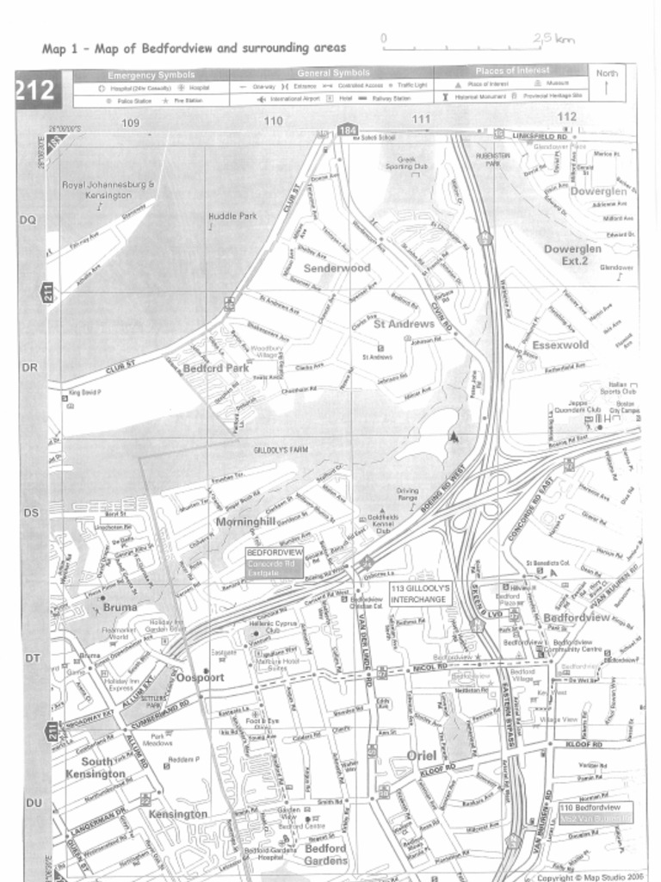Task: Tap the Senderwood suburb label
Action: (337, 268)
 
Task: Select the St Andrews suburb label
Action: (404, 324)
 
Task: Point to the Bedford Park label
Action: (216, 368)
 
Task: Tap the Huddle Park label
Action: (232, 215)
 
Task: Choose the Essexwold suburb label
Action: (560, 345)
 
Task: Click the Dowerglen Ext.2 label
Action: (572, 254)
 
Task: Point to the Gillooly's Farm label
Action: (281, 450)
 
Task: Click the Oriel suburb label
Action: (422, 755)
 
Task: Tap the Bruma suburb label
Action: (120, 606)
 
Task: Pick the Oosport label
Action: (200, 677)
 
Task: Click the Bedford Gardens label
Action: (325, 854)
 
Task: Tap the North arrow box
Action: (608, 84)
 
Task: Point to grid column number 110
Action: (274, 121)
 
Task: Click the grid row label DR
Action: (28, 368)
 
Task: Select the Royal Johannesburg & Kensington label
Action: (108, 190)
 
